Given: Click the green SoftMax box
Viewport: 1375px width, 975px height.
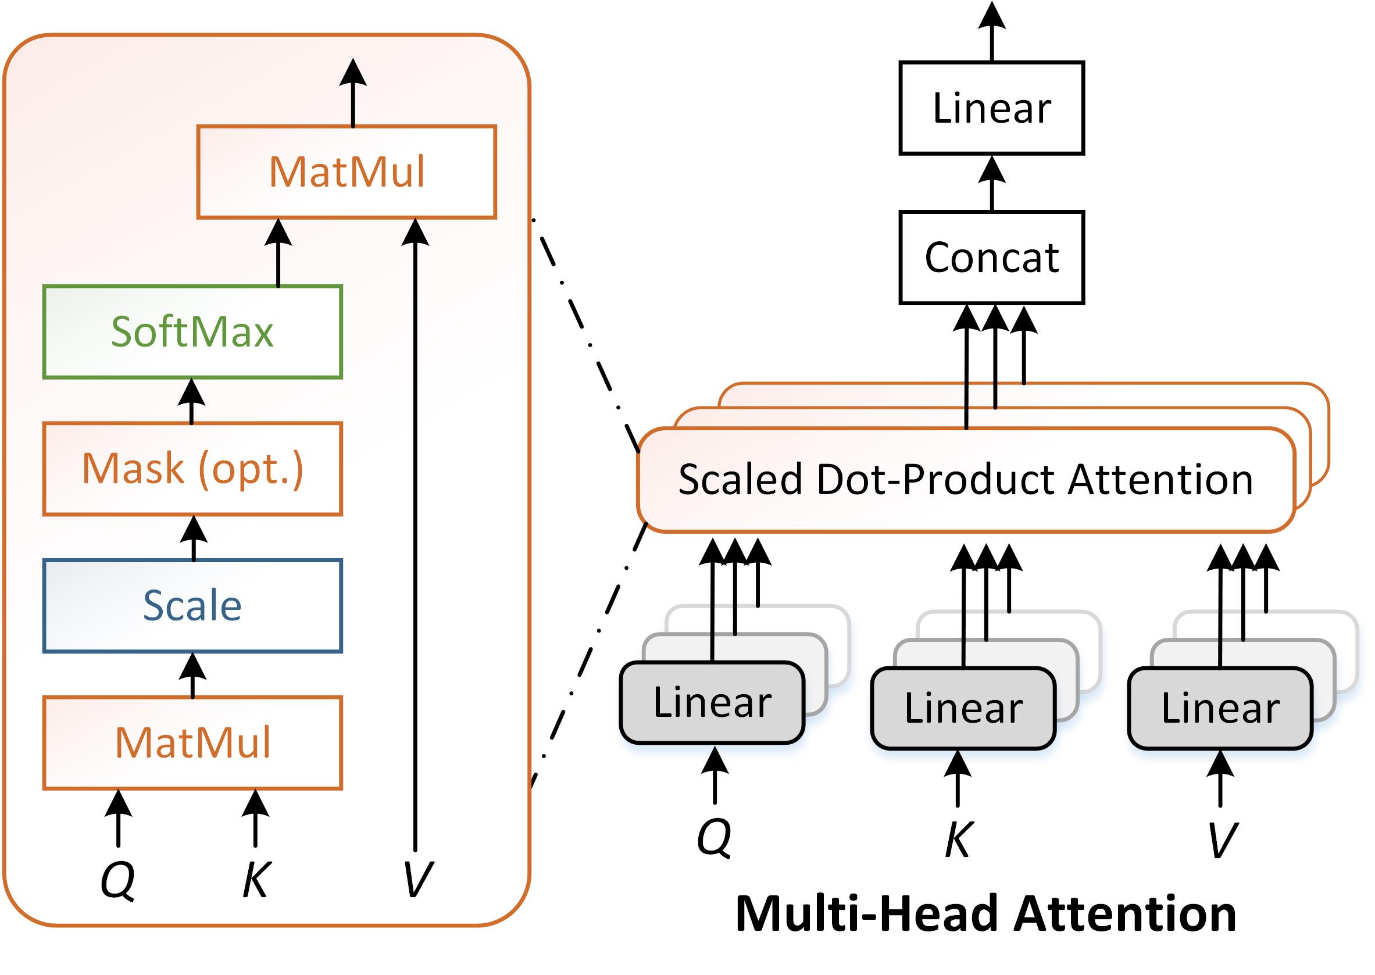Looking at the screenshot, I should tap(192, 331).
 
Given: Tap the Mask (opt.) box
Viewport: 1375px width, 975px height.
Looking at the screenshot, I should tap(192, 468).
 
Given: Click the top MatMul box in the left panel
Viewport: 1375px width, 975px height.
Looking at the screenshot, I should tap(347, 172).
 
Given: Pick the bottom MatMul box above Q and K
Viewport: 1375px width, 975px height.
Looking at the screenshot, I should tap(192, 742).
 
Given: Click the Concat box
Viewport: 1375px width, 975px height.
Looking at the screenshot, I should tap(991, 258).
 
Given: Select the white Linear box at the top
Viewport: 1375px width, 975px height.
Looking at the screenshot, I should tap(991, 108).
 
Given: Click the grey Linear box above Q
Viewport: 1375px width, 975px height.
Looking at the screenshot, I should tap(712, 702).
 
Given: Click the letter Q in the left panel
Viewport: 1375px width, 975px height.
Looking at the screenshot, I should tap(117, 879).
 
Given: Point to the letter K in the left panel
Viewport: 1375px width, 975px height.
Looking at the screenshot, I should tap(256, 879).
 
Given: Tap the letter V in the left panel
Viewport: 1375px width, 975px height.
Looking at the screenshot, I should tap(417, 879).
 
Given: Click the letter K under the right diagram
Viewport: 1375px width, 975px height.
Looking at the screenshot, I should tap(958, 839).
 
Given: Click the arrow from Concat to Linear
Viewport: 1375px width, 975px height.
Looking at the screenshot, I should tap(991, 183).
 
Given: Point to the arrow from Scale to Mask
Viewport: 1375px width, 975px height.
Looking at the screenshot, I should tap(194, 538).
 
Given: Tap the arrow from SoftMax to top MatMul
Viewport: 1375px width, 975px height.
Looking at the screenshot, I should tap(278, 252).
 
